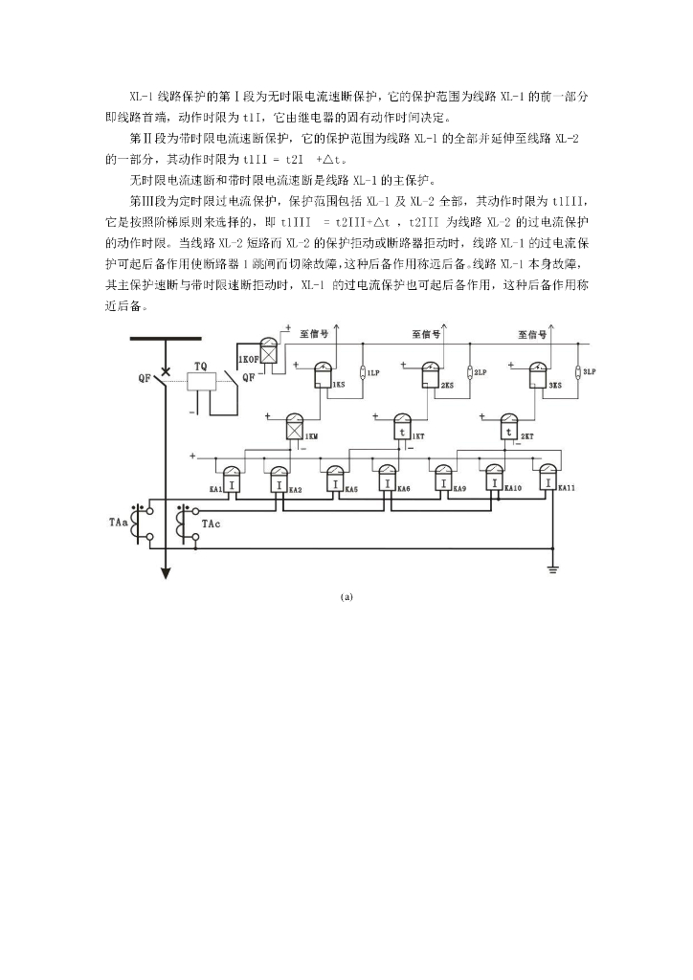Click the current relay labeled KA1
tap(232, 479)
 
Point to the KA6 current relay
tap(388, 479)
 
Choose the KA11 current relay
tap(547, 479)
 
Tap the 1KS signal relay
tap(323, 374)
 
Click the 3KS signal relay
tap(539, 374)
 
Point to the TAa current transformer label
tap(120, 523)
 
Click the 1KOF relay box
tap(270, 356)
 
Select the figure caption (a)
tap(346, 596)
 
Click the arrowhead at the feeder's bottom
tap(166, 573)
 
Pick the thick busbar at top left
tap(166, 339)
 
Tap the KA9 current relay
tap(442, 479)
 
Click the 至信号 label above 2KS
tap(427, 334)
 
